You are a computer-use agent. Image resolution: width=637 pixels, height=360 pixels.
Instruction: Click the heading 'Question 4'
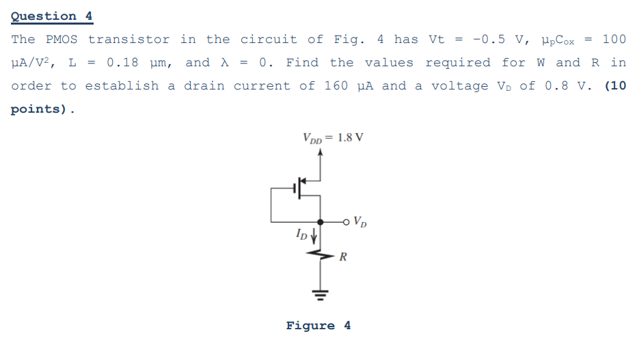tap(52, 16)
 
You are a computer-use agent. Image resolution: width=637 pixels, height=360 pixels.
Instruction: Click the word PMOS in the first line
tap(62, 40)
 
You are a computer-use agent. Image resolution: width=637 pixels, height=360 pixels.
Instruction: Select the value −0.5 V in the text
tap(493, 40)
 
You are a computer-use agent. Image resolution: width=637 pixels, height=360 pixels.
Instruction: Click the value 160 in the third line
tap(336, 86)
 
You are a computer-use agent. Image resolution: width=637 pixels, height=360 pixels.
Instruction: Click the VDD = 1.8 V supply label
tap(333, 137)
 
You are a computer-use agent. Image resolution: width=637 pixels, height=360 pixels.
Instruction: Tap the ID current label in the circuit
tap(301, 236)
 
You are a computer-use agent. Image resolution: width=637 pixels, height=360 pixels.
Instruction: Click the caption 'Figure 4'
tap(318, 325)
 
